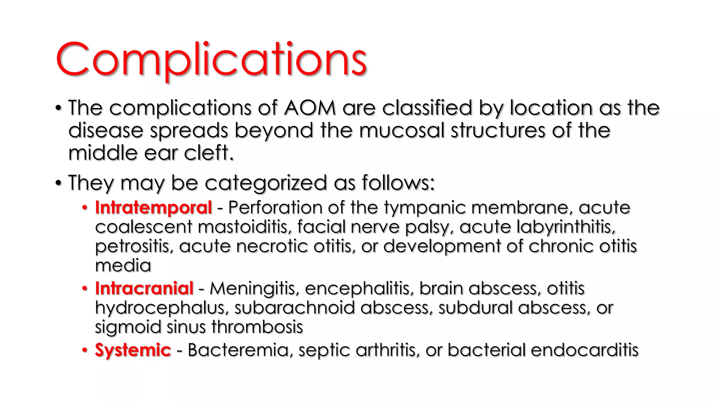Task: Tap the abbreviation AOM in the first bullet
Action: [310, 108]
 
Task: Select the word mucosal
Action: [401, 131]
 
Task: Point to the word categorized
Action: [266, 183]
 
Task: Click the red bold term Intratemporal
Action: [154, 208]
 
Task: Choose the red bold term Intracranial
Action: [144, 289]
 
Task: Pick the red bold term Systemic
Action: [133, 350]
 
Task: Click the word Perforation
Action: [275, 208]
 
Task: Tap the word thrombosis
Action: [257, 327]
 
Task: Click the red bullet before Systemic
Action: [84, 350]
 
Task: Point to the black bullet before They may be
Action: [58, 183]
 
